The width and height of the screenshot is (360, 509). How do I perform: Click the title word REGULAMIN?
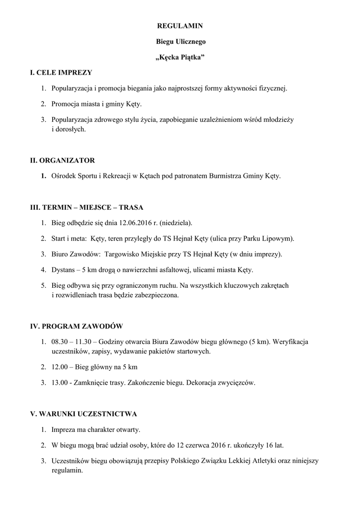pos(180,25)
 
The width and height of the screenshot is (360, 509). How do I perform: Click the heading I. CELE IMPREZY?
pos(61,73)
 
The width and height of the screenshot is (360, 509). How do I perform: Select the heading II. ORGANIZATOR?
pos(63,161)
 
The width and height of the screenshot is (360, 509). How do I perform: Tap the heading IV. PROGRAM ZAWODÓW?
pos(77,327)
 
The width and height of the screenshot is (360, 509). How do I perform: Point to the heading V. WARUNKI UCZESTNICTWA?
pos(84,414)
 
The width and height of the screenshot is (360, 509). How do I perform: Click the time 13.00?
pos(60,383)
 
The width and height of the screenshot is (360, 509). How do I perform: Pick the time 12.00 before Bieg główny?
pos(60,367)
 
